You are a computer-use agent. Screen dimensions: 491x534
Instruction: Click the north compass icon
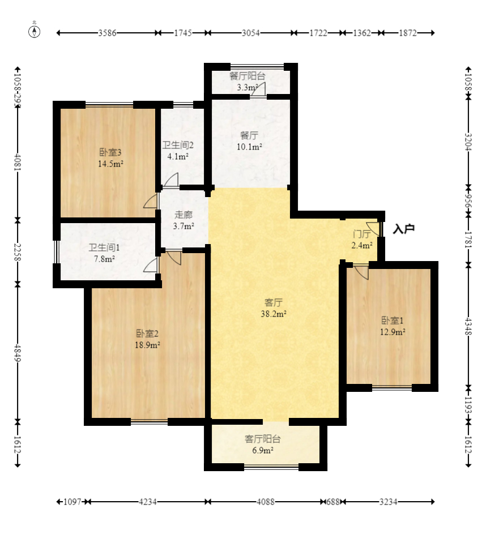click(34, 31)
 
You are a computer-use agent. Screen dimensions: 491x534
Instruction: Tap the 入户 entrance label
click(403, 229)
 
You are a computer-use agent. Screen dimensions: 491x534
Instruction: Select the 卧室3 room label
click(110, 152)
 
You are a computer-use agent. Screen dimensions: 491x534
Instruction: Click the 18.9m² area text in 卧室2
click(147, 345)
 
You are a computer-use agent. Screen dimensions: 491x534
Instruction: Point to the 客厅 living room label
click(274, 302)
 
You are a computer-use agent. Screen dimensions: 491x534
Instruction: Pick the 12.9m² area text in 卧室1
click(392, 331)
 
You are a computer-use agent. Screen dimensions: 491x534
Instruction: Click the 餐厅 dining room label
click(249, 135)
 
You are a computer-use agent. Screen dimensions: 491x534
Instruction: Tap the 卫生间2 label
click(178, 145)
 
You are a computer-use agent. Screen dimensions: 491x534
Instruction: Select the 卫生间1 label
click(104, 247)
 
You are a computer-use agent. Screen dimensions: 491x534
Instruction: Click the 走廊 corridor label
click(183, 215)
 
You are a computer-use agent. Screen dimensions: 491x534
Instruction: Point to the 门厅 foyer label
click(362, 234)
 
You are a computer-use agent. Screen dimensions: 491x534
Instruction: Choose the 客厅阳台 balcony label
click(263, 439)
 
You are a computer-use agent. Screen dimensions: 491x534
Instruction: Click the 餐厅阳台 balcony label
click(247, 76)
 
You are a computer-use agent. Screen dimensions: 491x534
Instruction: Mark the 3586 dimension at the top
click(107, 33)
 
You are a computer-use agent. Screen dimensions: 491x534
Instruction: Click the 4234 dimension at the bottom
click(148, 502)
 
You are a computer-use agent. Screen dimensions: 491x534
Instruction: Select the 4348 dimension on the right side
click(468, 326)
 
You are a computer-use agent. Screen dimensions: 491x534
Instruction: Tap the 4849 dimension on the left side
click(18, 354)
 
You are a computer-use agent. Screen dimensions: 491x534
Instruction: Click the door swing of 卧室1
click(362, 272)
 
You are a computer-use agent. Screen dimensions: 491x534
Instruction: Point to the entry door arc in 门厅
click(373, 229)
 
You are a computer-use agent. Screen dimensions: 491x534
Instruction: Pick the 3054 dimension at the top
click(251, 33)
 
